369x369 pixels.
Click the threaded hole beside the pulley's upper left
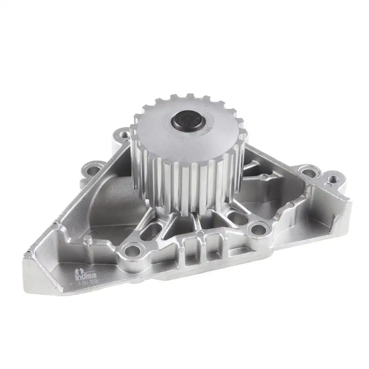tap(124, 135)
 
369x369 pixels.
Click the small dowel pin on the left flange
tap(88, 240)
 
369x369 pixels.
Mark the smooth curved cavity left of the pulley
tap(111, 199)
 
